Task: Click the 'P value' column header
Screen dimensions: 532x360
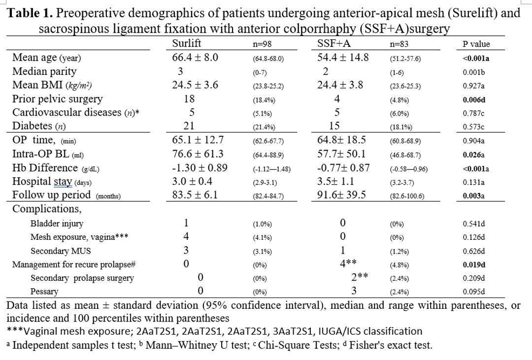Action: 476,44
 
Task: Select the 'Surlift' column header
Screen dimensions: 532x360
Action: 187,43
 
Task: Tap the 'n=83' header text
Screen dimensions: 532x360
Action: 399,44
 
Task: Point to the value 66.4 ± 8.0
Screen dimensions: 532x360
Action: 195,57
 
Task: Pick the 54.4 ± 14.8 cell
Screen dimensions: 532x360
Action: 343,57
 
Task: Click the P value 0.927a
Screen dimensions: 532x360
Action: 474,86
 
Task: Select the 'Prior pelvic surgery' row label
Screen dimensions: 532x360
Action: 57,98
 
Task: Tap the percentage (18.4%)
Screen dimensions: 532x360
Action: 264,100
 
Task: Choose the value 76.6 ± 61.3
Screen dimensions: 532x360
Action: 198,154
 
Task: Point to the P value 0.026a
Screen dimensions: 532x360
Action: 474,155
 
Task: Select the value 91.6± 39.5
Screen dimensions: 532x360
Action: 341,195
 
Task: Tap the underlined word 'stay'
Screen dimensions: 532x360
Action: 63,182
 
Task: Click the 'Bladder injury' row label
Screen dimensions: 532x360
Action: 57,224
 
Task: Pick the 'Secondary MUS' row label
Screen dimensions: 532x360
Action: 61,251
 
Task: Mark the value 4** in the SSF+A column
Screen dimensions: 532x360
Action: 348,263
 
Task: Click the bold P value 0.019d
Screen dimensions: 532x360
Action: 474,264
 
